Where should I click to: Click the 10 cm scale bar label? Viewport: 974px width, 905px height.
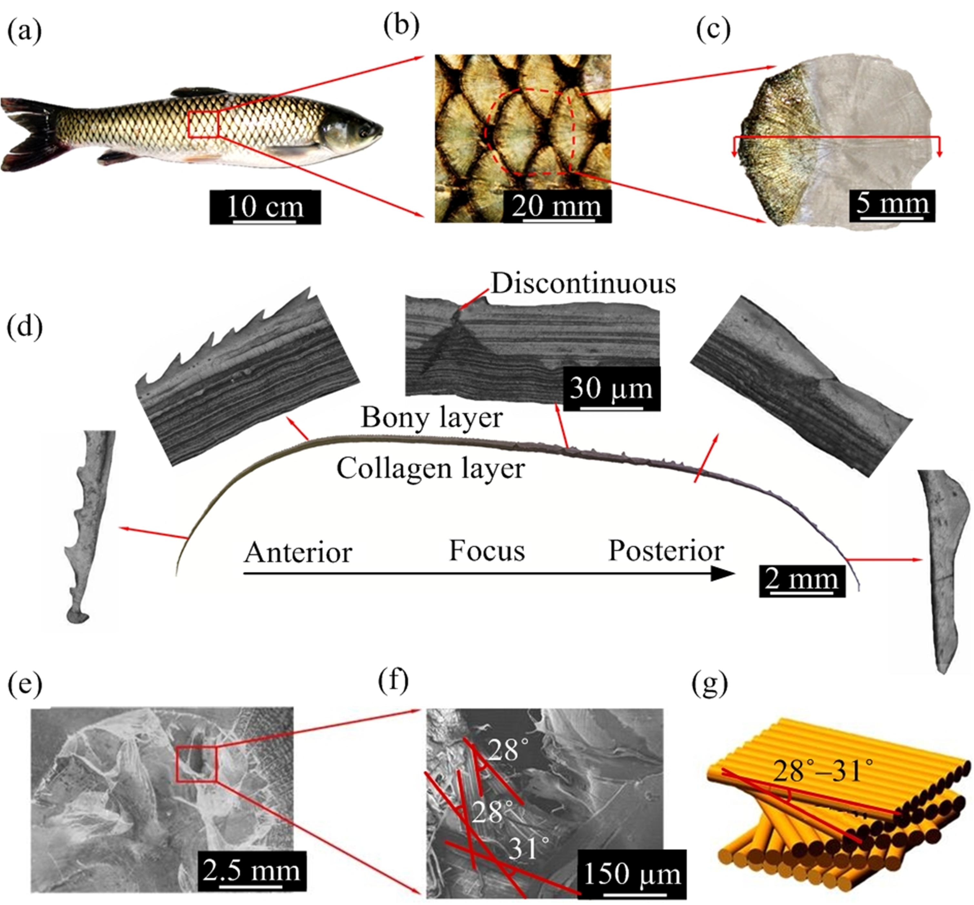[x=265, y=207]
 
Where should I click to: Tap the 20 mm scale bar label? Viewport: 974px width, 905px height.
[x=557, y=206]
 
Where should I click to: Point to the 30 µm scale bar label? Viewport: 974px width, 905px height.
[x=611, y=388]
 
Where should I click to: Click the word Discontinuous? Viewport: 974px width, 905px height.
[x=583, y=283]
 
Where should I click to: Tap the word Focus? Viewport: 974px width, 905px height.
[x=487, y=551]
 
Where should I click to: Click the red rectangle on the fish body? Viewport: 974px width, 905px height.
[x=203, y=124]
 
